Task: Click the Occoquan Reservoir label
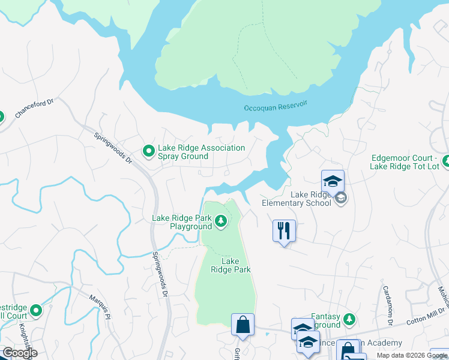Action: pos(276,106)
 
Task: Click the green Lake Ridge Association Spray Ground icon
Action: pos(148,152)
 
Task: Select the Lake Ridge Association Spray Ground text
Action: pos(201,152)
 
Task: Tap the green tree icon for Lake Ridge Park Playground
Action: pos(221,222)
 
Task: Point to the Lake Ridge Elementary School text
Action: pos(297,199)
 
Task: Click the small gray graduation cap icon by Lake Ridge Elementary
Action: pos(341,198)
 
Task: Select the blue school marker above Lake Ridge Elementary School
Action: pos(332,181)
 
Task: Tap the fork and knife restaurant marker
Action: pos(284,230)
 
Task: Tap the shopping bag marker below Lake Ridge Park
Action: pos(243,324)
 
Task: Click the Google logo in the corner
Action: pos(19,353)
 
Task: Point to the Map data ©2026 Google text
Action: pos(412,355)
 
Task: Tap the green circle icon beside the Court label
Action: pos(36,311)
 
